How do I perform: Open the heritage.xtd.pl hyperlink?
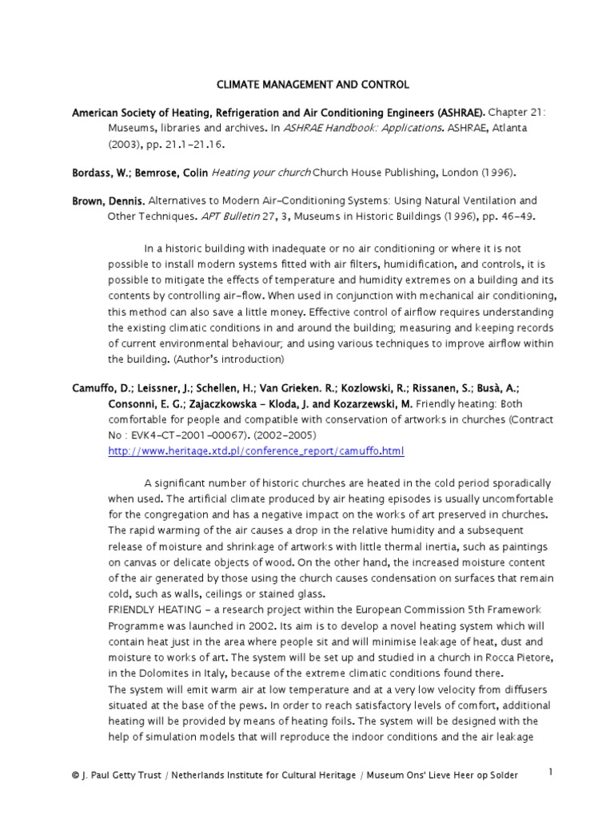(x=256, y=451)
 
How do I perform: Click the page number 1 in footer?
(x=551, y=771)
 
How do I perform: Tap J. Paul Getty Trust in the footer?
(x=123, y=775)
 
